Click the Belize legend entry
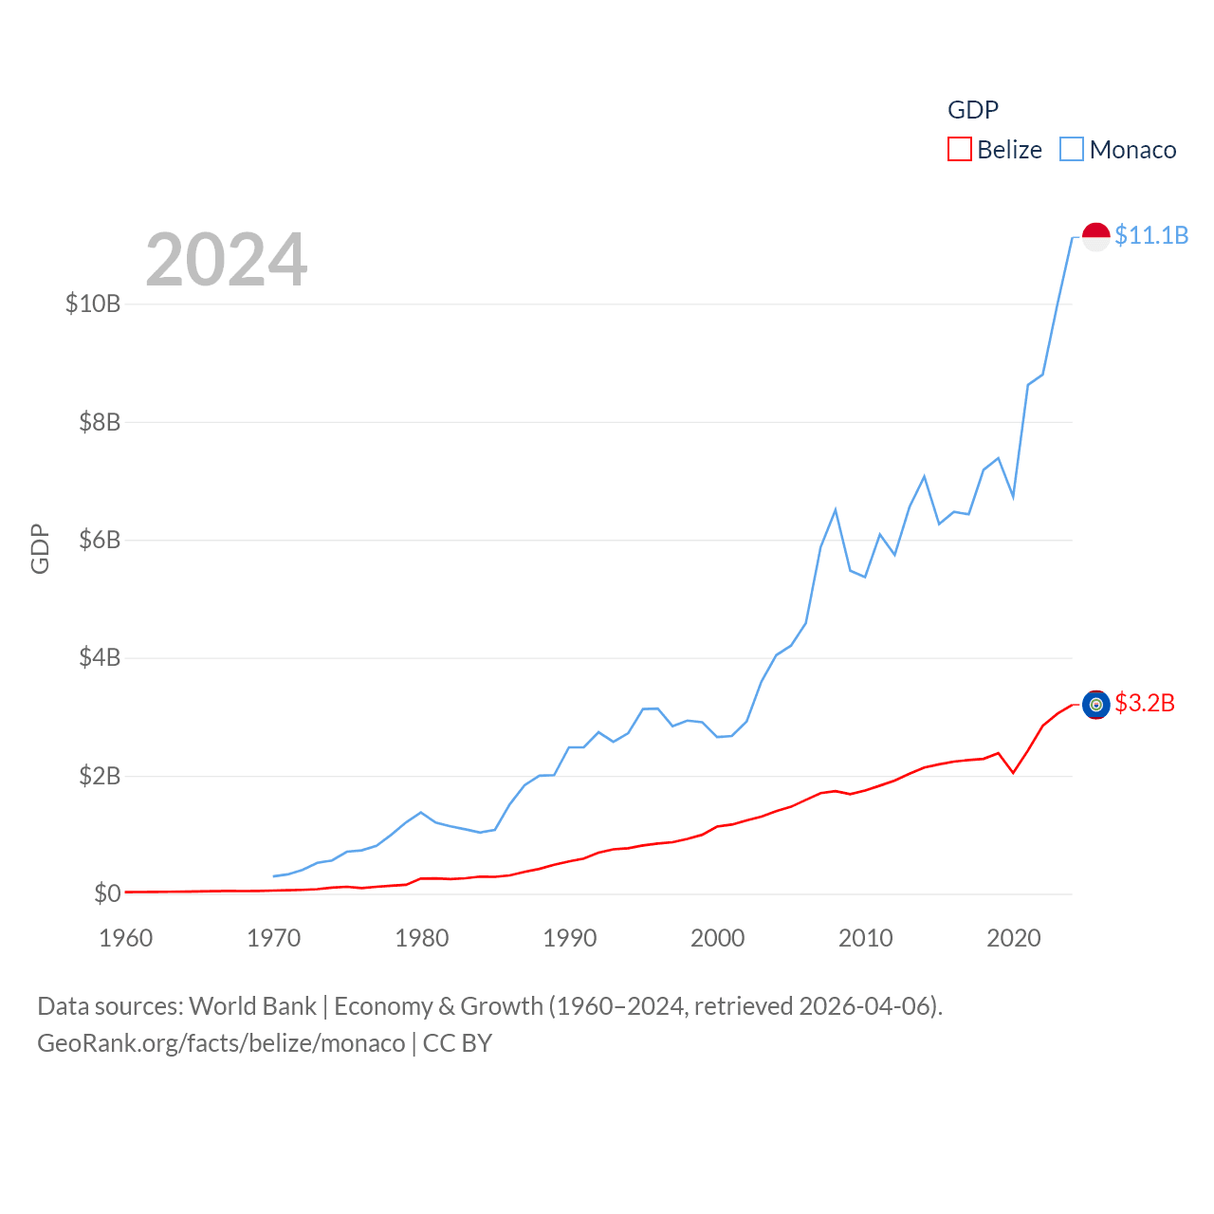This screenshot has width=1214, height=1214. point(995,150)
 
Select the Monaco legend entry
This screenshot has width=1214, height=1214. point(1118,150)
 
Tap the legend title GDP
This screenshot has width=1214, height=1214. point(973,110)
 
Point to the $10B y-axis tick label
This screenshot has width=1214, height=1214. point(93,303)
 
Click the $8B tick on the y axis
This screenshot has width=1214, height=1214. point(100,422)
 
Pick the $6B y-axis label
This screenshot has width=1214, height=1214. point(100,540)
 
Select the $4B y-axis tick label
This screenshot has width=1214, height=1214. point(100,657)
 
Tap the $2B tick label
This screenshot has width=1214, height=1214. point(100,776)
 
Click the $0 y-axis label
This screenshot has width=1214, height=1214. point(107,893)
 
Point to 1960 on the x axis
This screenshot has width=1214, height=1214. point(126,938)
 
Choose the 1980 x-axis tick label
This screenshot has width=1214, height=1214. point(422,938)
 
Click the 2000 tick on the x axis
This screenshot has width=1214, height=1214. point(718,938)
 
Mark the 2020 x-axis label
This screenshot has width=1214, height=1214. point(1014,938)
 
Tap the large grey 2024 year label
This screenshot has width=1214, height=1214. point(227,259)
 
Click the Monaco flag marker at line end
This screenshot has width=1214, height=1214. point(1095,237)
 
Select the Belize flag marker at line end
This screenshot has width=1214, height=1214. point(1095,705)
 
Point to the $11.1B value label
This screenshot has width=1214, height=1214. point(1151,235)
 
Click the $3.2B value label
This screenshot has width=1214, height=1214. point(1145,703)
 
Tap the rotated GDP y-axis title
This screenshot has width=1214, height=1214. point(40,548)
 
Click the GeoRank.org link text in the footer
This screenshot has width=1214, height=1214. point(221,1043)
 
